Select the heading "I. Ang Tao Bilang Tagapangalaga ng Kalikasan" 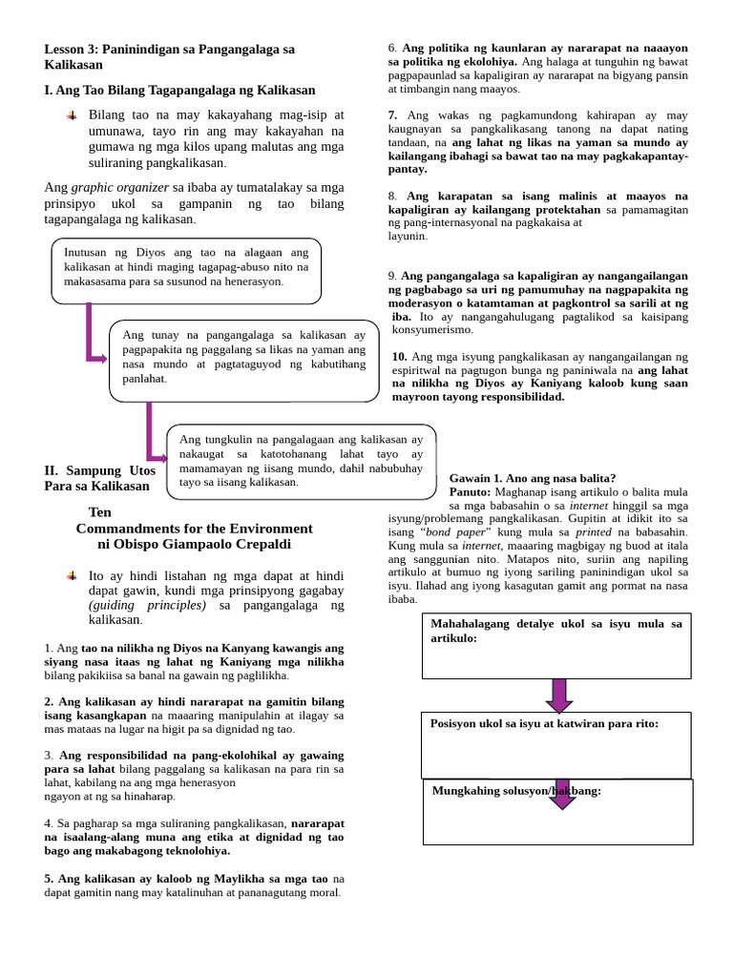coord(179,90)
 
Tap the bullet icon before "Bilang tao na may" coord(73,114)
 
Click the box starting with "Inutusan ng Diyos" coord(186,267)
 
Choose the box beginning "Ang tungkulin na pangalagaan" coord(301,461)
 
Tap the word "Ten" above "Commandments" coord(99,512)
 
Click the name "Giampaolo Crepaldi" coord(251,544)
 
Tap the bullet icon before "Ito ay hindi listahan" coord(73,576)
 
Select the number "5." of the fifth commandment coord(50,878)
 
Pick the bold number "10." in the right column coord(400,357)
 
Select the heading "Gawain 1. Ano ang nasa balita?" coord(532,478)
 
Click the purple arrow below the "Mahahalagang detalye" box coord(559,694)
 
